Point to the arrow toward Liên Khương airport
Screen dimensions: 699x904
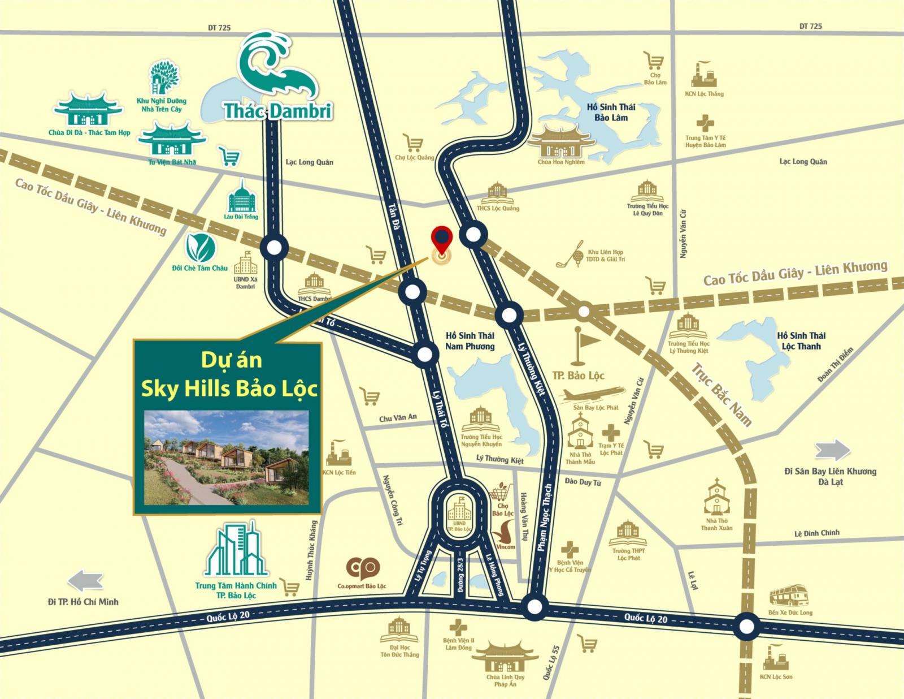[832, 451]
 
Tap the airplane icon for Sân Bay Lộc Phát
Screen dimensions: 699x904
[592, 394]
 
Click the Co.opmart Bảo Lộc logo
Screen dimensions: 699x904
[362, 568]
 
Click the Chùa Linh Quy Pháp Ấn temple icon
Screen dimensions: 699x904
[505, 658]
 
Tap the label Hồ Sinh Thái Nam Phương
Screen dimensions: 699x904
[470, 341]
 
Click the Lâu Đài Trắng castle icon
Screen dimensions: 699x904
[242, 196]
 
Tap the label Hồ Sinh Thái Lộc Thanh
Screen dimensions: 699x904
[801, 341]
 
